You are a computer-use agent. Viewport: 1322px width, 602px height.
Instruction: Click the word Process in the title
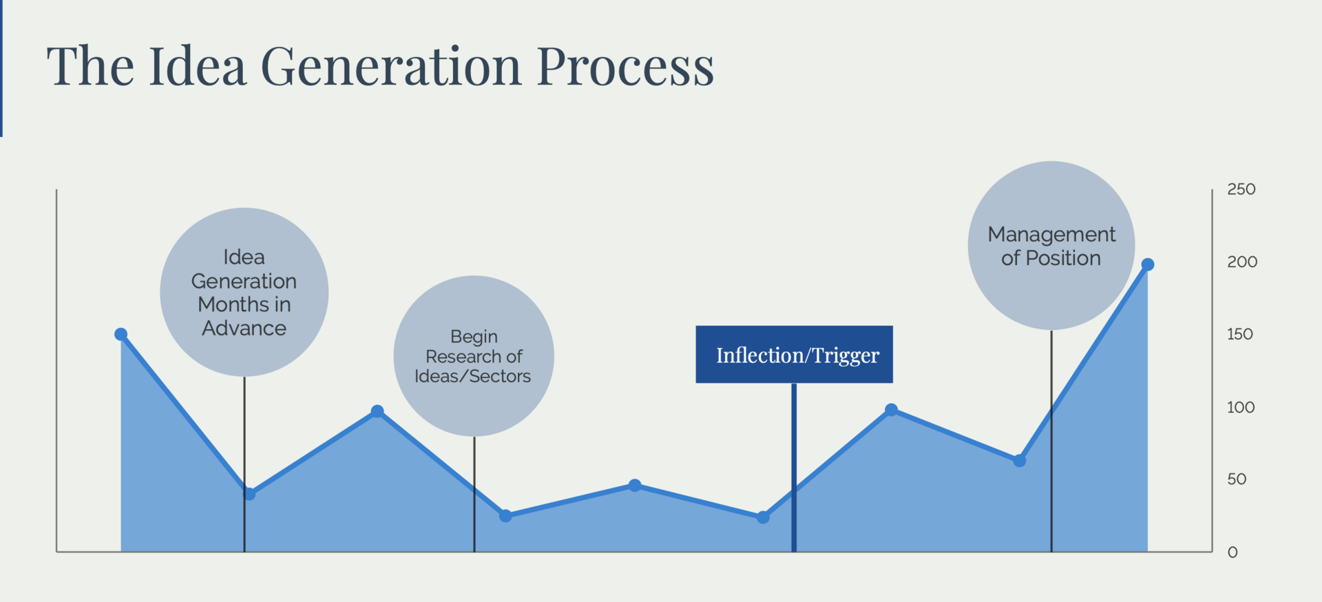point(625,67)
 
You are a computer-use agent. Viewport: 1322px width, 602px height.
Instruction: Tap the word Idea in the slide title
point(197,67)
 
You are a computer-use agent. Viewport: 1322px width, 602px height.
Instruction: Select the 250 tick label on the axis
point(1241,189)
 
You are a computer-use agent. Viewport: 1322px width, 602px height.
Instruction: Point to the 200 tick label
point(1241,262)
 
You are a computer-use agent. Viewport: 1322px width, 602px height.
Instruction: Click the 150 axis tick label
point(1239,334)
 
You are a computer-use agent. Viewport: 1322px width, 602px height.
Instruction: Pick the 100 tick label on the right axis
point(1240,407)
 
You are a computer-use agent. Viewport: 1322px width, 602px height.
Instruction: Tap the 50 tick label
point(1236,479)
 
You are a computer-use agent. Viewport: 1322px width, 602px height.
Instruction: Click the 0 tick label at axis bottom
point(1232,552)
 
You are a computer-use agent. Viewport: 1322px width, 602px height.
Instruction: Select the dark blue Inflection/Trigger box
point(794,354)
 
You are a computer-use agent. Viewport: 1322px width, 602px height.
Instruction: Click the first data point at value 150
point(121,335)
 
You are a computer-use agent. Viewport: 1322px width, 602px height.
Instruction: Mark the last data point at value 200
point(1147,264)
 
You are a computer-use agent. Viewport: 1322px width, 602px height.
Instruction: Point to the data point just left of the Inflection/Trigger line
point(763,517)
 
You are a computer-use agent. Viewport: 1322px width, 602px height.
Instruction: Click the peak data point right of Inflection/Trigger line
point(891,410)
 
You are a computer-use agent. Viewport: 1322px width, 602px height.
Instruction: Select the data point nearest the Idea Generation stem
point(250,494)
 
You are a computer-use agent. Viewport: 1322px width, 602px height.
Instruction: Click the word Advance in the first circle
point(244,329)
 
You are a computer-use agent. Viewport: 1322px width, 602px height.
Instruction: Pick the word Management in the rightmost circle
point(1051,235)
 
